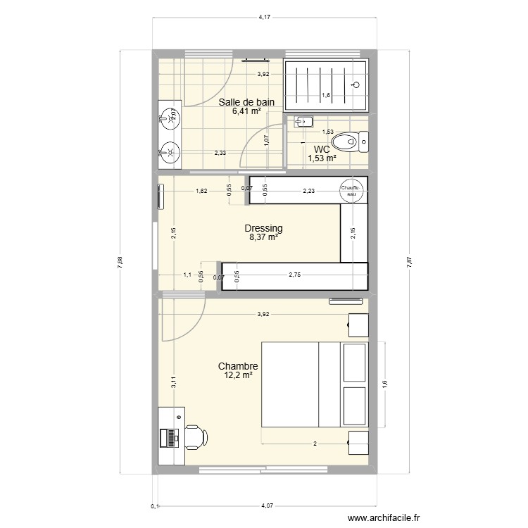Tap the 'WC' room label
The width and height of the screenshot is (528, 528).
(x=322, y=149)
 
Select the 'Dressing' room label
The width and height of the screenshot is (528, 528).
(x=263, y=228)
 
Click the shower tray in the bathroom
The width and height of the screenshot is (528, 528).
(x=326, y=85)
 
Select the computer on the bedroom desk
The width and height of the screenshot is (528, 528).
(x=169, y=437)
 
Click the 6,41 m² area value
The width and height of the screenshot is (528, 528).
(x=247, y=111)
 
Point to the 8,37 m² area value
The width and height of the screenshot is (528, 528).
(x=263, y=238)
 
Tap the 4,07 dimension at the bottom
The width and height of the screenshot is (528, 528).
(x=265, y=504)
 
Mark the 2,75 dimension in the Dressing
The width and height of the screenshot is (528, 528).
(x=295, y=275)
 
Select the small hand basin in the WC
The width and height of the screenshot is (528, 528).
(x=303, y=121)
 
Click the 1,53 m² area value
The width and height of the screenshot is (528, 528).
(x=322, y=158)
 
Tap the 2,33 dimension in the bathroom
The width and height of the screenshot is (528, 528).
(x=220, y=153)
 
